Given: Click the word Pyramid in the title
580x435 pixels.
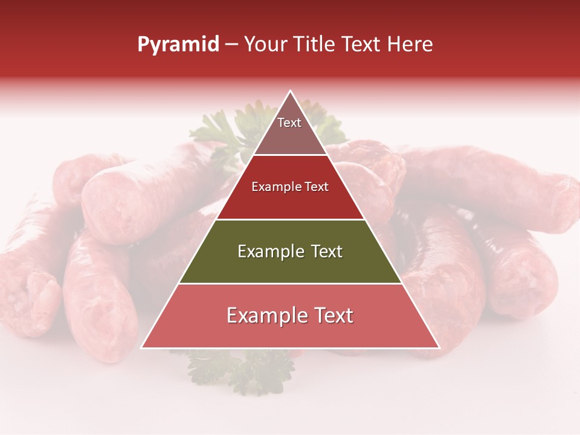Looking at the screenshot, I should click(x=178, y=45).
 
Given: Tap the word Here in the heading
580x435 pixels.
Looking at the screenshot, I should click(x=410, y=44).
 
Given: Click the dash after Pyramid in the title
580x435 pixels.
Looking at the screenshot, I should click(x=231, y=45).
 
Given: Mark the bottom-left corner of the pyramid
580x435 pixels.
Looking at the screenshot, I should click(x=141, y=348).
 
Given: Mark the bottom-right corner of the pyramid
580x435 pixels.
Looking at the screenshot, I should click(x=439, y=348).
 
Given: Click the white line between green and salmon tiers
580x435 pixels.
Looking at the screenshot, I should click(x=290, y=283).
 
